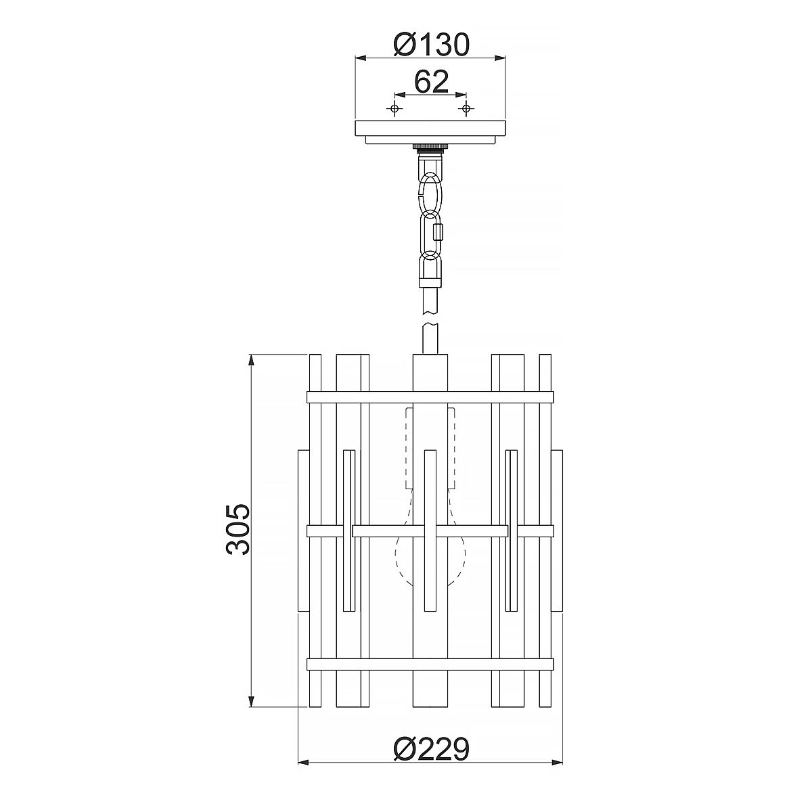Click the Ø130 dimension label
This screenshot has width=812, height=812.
[x=430, y=45]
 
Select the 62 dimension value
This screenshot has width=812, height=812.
[x=431, y=82]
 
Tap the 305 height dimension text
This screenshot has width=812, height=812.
[x=238, y=529]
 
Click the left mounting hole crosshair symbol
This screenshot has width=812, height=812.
[x=394, y=109]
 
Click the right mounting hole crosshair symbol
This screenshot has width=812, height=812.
[x=466, y=109]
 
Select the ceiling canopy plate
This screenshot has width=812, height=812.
[x=430, y=131]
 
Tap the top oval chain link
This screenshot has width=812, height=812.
[x=430, y=193]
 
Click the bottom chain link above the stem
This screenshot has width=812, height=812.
[x=430, y=267]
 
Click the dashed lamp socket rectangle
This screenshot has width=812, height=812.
[x=430, y=447]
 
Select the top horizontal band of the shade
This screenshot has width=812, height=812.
[x=430, y=397]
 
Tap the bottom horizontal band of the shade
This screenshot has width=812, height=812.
[x=430, y=664]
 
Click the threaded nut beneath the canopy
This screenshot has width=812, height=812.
[x=430, y=147]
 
